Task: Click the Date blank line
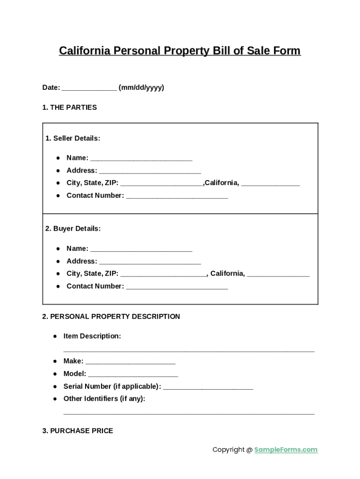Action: point(89,89)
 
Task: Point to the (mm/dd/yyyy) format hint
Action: point(141,87)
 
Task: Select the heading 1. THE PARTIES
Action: point(69,107)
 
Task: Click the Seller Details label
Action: point(72,138)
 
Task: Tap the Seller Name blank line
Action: point(141,159)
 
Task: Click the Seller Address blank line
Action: point(150,172)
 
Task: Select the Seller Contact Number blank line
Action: point(177,197)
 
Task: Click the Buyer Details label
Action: point(72,229)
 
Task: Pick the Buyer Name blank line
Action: point(141,250)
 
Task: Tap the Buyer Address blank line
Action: point(150,262)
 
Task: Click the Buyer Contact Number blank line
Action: point(177,288)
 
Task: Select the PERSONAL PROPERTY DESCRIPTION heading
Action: point(111,317)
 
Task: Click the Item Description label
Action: point(92,336)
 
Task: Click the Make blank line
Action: point(130,363)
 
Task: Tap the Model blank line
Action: point(133,375)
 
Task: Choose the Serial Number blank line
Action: point(209,388)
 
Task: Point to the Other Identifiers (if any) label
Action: point(104,399)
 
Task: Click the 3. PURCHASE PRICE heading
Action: point(78,431)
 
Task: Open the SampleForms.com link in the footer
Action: point(286,450)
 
